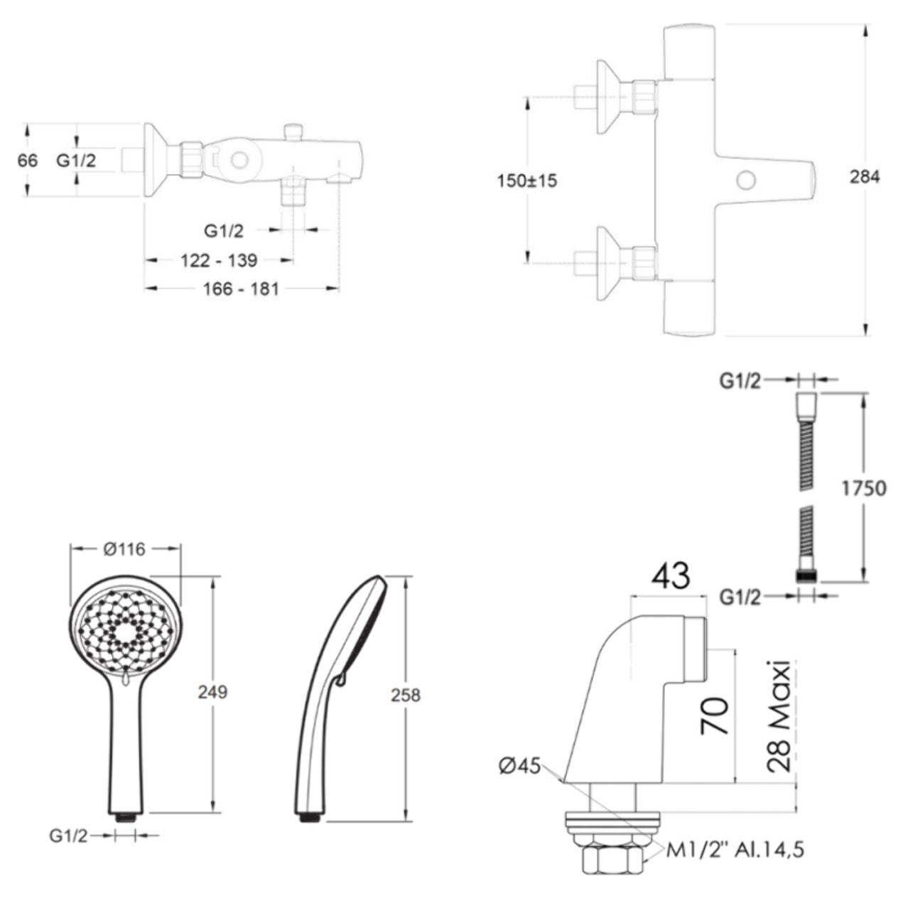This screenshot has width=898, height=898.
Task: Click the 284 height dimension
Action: click(x=865, y=178)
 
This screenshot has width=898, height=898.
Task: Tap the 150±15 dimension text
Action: click(x=527, y=181)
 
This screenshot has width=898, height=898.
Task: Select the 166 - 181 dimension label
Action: click(x=241, y=289)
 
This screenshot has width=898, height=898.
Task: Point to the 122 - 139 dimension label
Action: click(x=219, y=261)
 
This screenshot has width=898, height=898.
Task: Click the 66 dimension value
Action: click(x=28, y=161)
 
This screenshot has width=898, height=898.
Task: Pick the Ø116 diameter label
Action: click(x=124, y=549)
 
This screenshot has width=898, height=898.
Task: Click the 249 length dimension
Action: click(x=212, y=693)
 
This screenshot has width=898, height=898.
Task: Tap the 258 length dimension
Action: click(x=406, y=696)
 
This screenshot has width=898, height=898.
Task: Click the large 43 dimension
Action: click(x=671, y=575)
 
